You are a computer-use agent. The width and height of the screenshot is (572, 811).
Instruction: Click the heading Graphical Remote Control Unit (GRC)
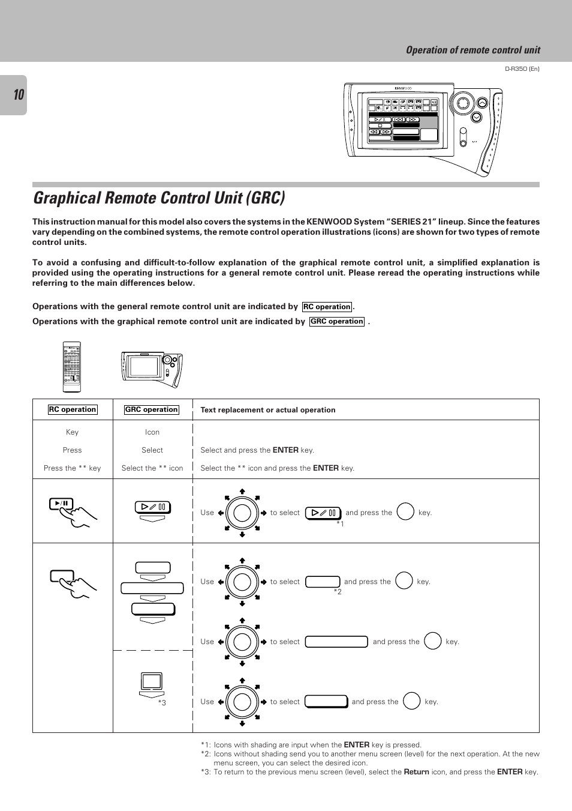159,197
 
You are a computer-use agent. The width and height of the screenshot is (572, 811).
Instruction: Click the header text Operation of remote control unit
472,50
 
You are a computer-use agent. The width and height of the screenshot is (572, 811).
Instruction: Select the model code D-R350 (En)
522,69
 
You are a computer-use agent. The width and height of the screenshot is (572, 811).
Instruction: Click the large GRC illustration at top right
423,128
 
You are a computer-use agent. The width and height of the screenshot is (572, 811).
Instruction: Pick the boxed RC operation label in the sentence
327,307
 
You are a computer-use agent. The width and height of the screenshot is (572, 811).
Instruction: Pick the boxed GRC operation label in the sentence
337,322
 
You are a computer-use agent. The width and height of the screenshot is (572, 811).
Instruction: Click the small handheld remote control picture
71,367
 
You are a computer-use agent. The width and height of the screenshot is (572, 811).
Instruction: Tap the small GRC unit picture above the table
152,367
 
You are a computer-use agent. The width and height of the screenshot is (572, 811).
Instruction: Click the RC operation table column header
73,410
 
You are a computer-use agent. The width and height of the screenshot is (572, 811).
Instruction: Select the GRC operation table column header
152,410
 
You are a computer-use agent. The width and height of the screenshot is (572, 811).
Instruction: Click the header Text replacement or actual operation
268,410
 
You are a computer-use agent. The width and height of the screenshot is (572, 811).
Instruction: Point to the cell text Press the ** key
73,468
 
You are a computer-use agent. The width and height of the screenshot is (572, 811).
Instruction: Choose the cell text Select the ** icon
152,468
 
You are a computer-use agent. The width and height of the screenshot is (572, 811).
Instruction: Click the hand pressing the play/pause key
73,512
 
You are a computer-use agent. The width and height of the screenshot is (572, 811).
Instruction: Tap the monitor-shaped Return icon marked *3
152,682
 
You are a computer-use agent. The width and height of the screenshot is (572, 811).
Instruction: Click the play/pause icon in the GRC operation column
153,508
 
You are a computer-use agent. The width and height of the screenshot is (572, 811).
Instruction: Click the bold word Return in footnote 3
416,772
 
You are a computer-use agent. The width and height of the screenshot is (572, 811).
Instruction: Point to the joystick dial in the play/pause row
242,513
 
